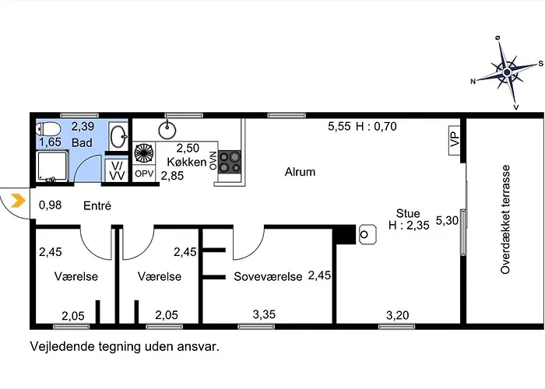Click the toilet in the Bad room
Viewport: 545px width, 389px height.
point(48,129)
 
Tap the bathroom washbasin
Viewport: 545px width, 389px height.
point(118,136)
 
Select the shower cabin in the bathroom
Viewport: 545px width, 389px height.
point(52,166)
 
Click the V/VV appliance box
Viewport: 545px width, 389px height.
point(117,170)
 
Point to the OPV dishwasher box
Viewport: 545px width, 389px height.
point(144,173)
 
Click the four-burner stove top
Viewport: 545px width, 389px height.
point(230,162)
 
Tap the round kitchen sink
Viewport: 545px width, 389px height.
point(167,130)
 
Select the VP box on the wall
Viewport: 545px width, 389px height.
point(455,140)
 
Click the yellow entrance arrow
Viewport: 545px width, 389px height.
point(18,201)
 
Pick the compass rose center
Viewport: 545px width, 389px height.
point(507,72)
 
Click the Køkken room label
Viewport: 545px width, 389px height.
point(187,162)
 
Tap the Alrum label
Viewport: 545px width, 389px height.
point(300,172)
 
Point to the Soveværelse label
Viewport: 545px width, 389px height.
point(268,276)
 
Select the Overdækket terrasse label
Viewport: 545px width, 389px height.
point(505,219)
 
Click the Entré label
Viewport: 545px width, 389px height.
point(97,205)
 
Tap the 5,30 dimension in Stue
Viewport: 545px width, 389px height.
point(447,220)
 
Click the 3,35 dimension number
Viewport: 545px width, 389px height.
point(264,314)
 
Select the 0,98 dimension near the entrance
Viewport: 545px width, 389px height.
point(50,205)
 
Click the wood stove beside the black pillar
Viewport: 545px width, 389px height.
point(367,234)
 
